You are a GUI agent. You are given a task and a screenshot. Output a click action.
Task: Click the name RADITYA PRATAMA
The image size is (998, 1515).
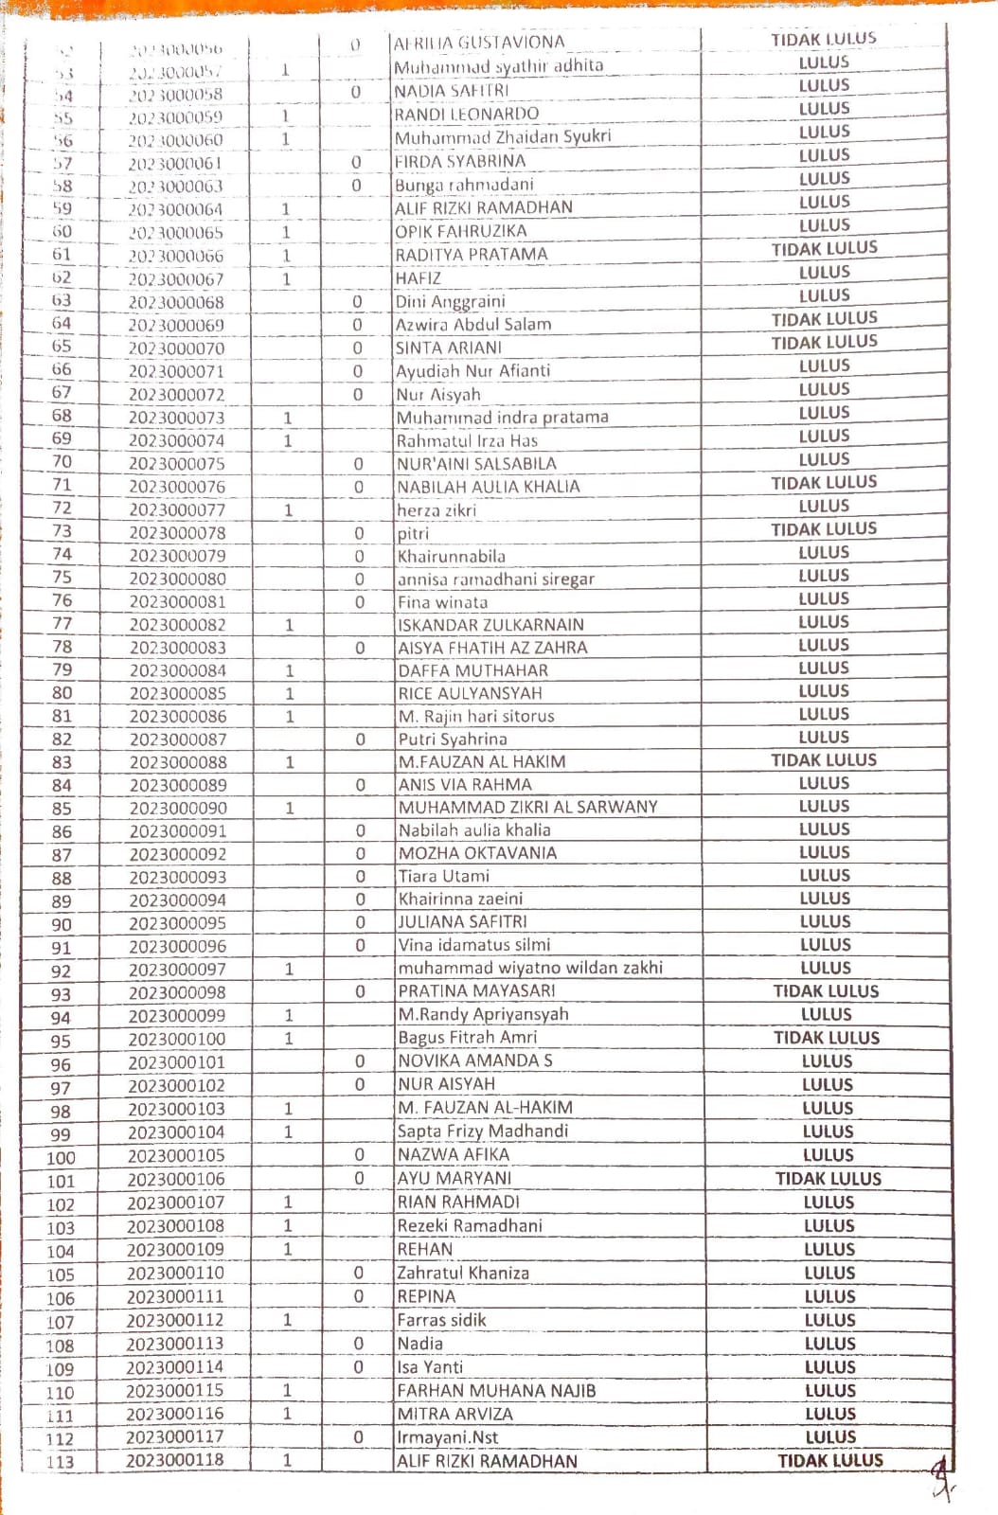click(x=472, y=255)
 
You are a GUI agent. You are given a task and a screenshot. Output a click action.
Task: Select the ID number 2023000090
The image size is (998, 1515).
click(x=178, y=809)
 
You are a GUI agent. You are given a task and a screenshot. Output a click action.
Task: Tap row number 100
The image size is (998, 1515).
click(x=61, y=1158)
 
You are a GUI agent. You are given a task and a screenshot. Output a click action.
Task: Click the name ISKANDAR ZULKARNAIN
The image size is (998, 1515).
click(x=490, y=625)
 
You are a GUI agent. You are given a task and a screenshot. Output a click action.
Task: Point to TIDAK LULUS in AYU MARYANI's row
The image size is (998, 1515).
click(x=829, y=1179)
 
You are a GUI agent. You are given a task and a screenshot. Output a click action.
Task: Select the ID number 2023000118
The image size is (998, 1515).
click(x=175, y=1460)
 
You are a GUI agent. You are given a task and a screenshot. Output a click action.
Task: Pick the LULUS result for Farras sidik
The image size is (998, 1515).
click(x=829, y=1320)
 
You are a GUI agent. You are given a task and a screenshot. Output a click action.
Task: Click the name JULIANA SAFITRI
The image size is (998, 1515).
click(x=463, y=921)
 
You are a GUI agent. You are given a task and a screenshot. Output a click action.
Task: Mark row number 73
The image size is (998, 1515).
click(x=62, y=531)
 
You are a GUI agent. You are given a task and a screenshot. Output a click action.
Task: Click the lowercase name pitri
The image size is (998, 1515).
click(x=413, y=533)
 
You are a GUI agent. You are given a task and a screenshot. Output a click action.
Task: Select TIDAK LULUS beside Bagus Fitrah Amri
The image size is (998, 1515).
click(x=827, y=1038)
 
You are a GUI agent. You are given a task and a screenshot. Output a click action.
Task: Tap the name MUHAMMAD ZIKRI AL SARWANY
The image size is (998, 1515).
click(x=527, y=807)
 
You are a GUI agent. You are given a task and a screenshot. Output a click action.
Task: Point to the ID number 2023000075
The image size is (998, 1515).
click(x=177, y=464)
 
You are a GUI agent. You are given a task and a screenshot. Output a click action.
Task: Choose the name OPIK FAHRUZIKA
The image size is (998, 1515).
click(x=461, y=231)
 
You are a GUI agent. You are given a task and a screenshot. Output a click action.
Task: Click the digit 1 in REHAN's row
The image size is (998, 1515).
click(x=287, y=1249)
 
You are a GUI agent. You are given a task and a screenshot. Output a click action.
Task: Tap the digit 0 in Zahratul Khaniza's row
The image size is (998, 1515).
click(x=359, y=1273)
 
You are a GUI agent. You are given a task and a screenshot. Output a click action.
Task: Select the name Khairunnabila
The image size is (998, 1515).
click(x=452, y=556)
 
